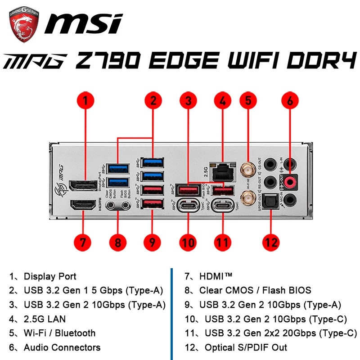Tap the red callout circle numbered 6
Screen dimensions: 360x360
(x=290, y=100)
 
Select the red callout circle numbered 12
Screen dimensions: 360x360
(x=271, y=242)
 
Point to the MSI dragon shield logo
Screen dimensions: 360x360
(x=24, y=26)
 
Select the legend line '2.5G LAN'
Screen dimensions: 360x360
(x=45, y=319)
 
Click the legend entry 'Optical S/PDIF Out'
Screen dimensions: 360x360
(x=246, y=347)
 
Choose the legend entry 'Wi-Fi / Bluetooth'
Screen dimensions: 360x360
(x=59, y=333)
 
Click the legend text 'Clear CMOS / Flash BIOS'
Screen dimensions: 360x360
(x=255, y=290)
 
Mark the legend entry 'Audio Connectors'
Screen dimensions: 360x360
(x=62, y=347)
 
